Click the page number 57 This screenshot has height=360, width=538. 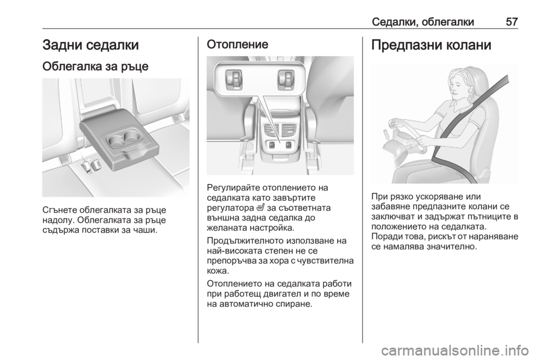coord(511,22)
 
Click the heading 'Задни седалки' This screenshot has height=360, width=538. coord(91,45)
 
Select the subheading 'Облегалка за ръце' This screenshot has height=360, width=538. coord(95,66)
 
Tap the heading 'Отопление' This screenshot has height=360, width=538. coord(238,44)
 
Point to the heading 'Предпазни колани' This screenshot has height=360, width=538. coord(432,45)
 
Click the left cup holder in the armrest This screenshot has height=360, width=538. coord(114,140)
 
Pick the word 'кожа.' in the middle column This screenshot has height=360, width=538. coord(217,270)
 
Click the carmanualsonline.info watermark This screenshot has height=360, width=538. coord(454,350)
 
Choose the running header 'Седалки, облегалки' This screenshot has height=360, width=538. coord(423,22)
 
